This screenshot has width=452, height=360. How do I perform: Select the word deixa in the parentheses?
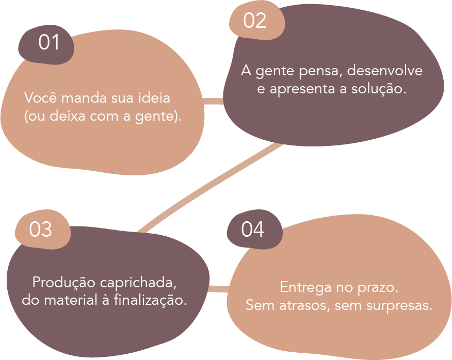[x=67, y=117]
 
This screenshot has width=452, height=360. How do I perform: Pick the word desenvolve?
[x=385, y=71]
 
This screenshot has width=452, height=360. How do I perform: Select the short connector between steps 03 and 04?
[x=218, y=289]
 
